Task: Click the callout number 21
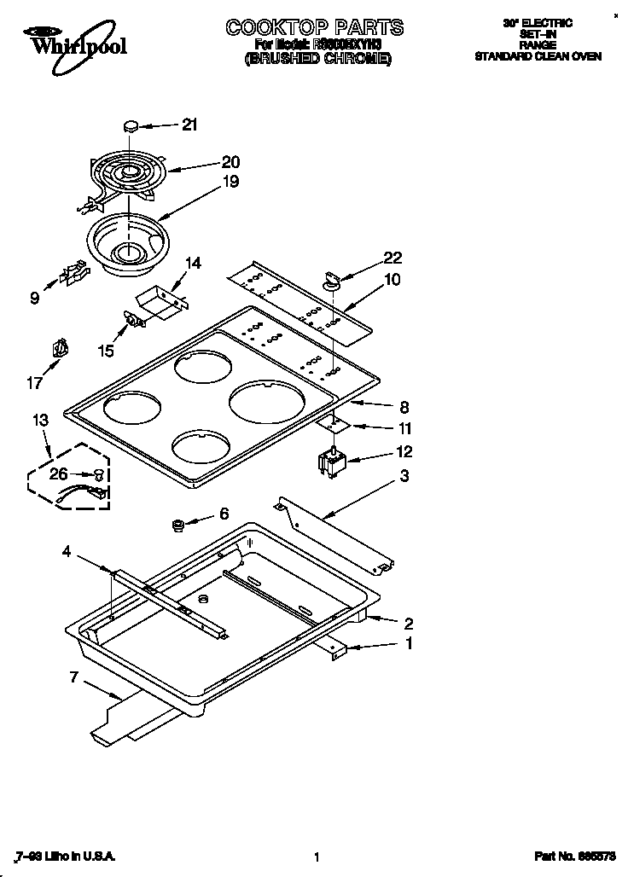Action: click(x=189, y=125)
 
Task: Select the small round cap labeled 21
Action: click(x=131, y=125)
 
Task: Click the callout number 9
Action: click(x=35, y=298)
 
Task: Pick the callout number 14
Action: click(x=193, y=264)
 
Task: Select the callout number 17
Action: click(x=35, y=383)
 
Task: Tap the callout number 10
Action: click(x=392, y=279)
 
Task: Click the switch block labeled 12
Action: click(x=329, y=465)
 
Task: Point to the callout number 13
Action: click(x=40, y=420)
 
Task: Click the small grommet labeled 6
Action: click(x=180, y=524)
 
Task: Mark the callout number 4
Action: click(x=66, y=551)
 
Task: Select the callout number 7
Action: click(x=74, y=677)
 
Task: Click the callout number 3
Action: click(x=404, y=476)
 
